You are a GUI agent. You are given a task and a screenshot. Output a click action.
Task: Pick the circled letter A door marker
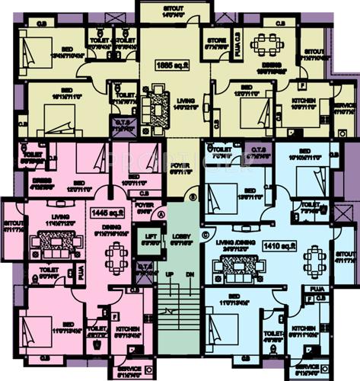tap(163, 214)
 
